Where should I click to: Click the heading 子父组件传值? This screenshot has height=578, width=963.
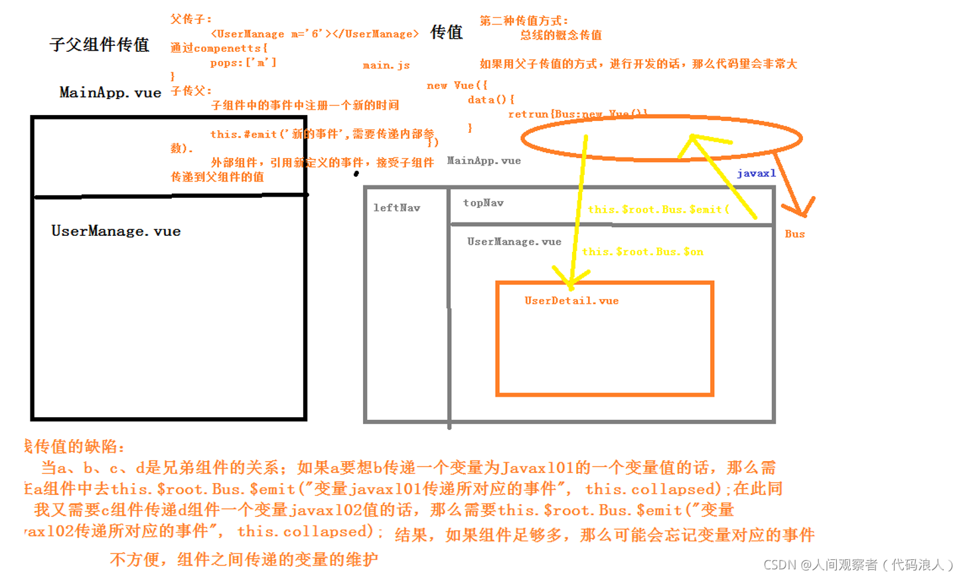click(x=100, y=45)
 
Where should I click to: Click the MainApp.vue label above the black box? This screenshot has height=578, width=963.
click(x=110, y=92)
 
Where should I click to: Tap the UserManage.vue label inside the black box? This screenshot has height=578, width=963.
click(x=116, y=231)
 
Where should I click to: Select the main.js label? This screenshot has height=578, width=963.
click(x=386, y=65)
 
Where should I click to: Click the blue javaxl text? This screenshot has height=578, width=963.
click(x=756, y=173)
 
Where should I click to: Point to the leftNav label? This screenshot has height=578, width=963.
click(x=397, y=208)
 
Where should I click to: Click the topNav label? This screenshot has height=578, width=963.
click(x=483, y=203)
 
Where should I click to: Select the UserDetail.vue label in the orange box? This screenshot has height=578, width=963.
click(x=571, y=301)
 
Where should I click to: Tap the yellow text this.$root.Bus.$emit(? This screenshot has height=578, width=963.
click(x=658, y=209)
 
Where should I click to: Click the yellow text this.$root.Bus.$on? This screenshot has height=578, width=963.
click(x=642, y=252)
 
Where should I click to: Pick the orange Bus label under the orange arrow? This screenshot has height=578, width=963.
click(x=794, y=234)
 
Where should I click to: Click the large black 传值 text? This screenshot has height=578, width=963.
click(x=447, y=32)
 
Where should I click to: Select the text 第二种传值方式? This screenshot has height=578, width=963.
click(x=524, y=21)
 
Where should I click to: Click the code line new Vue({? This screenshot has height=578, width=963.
click(x=457, y=86)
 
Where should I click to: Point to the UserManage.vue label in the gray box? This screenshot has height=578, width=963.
click(x=514, y=242)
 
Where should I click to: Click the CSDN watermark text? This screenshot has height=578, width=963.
click(x=858, y=565)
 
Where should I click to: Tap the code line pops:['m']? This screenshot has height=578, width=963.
click(x=243, y=62)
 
